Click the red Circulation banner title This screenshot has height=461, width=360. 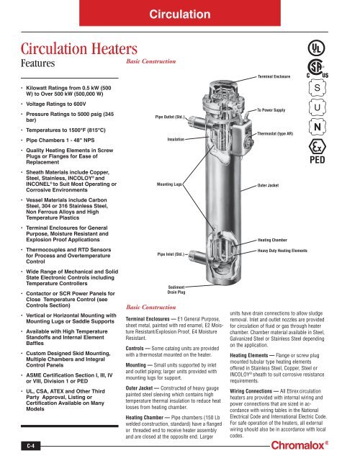[x=180, y=14]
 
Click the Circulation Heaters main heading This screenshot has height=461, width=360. [x=79, y=49]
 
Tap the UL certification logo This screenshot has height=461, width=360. [x=316, y=48]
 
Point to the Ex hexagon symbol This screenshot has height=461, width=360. [x=318, y=146]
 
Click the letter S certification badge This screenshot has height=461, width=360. [x=318, y=88]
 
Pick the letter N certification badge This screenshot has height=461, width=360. [x=318, y=127]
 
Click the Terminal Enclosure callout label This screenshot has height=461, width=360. [x=274, y=76]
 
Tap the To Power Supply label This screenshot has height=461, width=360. [x=271, y=110]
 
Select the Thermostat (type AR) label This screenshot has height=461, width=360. [x=275, y=133]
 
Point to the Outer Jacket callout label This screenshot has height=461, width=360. [x=268, y=186]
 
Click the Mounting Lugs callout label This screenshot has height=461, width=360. [x=169, y=184]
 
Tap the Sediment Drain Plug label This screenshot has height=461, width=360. [x=176, y=290]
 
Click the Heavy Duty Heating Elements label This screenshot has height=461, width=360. [x=282, y=251]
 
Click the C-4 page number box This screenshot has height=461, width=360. [x=30, y=446]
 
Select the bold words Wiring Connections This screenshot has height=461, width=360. [x=251, y=391]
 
